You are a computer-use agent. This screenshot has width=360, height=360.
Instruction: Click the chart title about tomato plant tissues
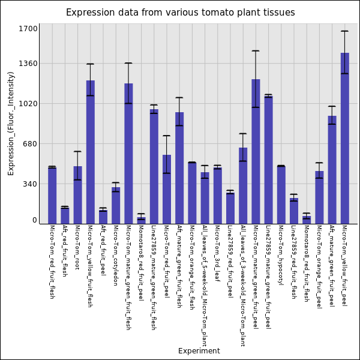(x=180, y=13)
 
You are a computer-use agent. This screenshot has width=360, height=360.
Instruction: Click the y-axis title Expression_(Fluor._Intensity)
(x=11, y=123)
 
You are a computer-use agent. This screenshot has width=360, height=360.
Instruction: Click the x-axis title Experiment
(x=199, y=351)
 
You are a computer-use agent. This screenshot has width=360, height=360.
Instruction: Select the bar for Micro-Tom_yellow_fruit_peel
(x=344, y=138)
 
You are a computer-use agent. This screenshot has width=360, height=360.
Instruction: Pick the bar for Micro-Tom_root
(x=77, y=195)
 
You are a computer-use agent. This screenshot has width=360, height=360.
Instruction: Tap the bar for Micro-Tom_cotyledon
(x=115, y=205)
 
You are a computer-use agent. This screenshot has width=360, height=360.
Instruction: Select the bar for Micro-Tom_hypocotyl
(x=281, y=194)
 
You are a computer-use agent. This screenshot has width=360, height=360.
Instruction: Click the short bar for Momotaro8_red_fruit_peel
(x=141, y=220)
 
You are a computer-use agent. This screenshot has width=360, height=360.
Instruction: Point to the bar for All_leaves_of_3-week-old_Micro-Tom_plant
(x=242, y=185)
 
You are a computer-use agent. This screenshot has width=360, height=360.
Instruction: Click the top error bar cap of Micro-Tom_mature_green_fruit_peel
(x=256, y=51)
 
